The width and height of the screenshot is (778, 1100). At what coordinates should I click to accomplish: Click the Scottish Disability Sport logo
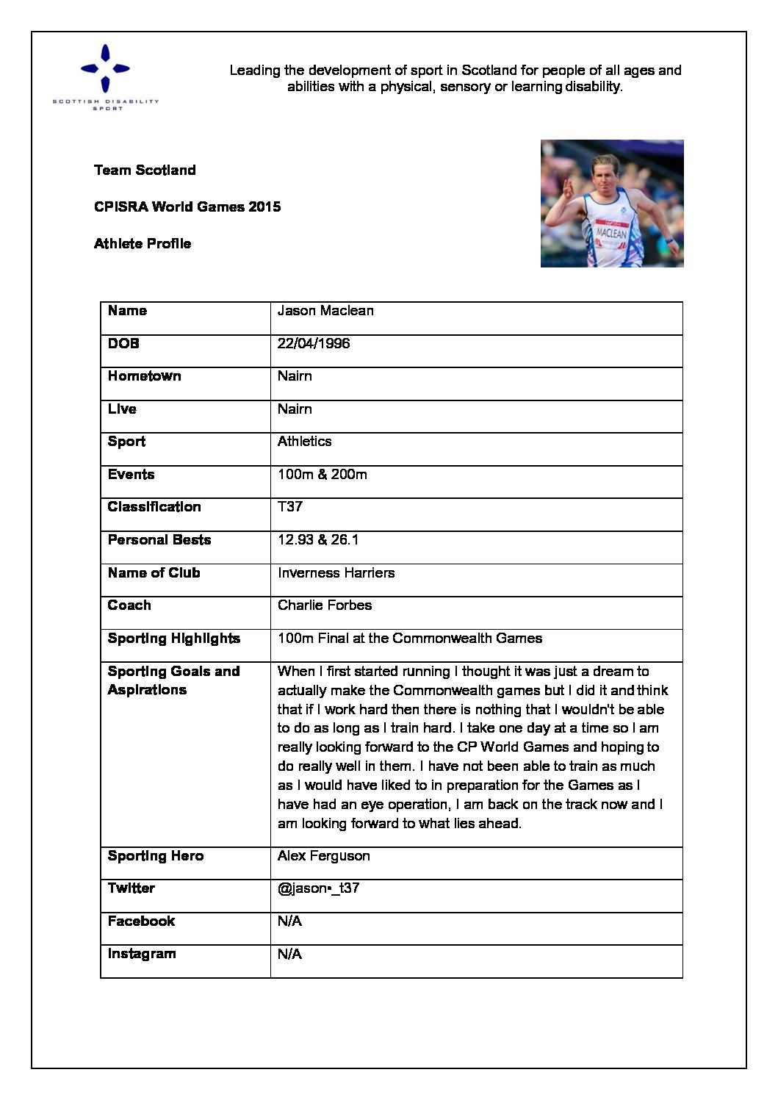[106, 77]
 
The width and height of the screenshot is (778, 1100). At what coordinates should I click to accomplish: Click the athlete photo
[612, 204]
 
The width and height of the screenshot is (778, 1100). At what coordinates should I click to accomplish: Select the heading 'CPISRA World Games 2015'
[187, 207]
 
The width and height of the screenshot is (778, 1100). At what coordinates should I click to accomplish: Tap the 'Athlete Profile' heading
[143, 244]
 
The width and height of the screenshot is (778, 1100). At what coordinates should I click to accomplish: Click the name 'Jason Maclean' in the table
[325, 311]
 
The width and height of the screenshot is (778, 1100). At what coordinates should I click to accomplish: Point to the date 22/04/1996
[314, 344]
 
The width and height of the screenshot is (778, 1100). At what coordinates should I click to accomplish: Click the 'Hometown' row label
[144, 376]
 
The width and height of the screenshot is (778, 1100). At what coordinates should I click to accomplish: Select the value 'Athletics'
[304, 442]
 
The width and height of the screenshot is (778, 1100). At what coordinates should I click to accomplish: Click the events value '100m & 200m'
[322, 475]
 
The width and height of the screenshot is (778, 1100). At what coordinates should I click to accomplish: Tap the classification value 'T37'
[290, 507]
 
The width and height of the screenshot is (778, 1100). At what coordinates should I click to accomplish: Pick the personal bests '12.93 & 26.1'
[318, 540]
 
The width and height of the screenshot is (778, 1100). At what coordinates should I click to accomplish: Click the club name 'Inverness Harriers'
[336, 573]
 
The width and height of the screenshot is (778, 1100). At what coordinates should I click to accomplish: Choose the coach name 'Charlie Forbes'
[325, 605]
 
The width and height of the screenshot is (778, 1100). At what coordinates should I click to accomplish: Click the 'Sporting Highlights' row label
[174, 639]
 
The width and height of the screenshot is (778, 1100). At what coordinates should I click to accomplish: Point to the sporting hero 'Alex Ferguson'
[323, 856]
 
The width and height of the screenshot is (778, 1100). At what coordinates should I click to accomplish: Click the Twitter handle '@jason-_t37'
[318, 888]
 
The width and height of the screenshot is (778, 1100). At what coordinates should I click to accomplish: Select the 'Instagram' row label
[142, 954]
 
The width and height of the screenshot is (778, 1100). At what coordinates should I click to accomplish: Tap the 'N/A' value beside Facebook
[289, 921]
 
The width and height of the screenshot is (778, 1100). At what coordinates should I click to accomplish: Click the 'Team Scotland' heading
[145, 170]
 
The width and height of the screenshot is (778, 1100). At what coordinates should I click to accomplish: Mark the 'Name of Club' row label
[154, 573]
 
